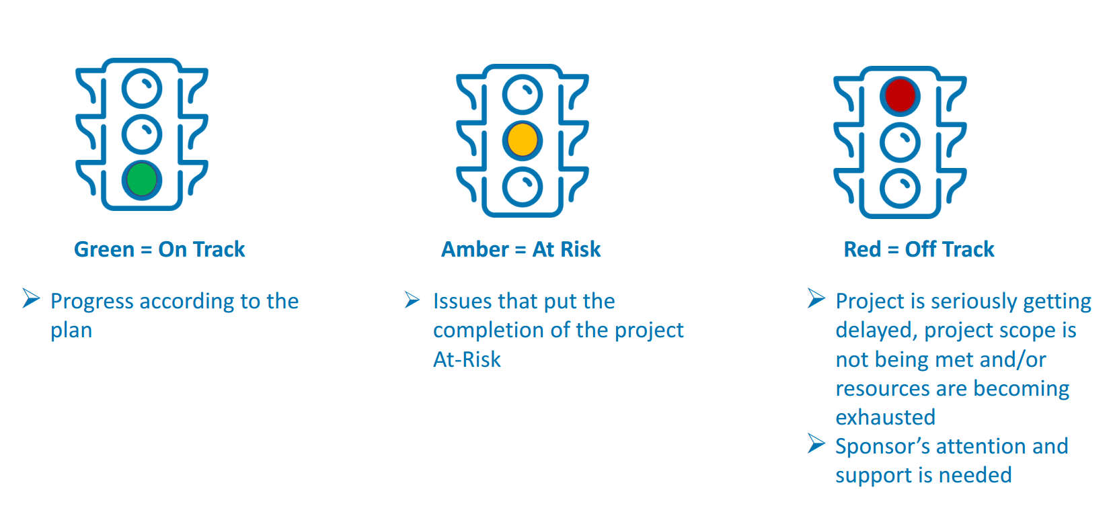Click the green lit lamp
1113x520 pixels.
142,179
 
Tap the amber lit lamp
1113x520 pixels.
523,140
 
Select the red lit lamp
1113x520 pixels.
900,96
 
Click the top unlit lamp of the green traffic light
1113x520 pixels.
142,89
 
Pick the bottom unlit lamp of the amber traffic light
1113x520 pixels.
523,187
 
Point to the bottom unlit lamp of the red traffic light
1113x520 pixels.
900,189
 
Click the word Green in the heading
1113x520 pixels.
104,249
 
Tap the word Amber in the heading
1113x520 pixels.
475,249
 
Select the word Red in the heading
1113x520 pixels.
862,249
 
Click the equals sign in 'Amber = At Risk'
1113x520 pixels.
521,249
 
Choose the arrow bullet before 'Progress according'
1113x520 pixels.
32,298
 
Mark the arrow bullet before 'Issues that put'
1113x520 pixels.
412,300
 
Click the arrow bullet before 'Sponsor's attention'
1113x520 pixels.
816,443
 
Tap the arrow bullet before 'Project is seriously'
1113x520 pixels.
816,298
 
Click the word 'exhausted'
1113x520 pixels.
886,417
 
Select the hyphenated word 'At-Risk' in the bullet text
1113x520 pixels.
467,359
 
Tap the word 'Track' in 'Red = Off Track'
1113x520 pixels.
968,249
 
